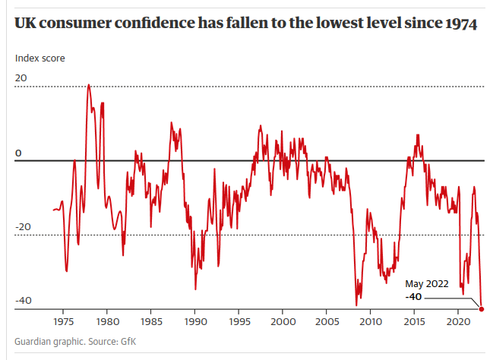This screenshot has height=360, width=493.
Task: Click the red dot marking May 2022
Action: coord(482,308)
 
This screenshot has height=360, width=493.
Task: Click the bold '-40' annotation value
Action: coord(414,296)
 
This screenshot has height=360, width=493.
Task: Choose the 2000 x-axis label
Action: coord(283,322)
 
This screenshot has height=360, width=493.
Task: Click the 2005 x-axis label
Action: coord(327,322)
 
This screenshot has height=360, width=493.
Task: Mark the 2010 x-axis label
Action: coord(371,322)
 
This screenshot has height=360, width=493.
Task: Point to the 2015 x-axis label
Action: coord(415,322)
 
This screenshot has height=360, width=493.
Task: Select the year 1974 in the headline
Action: coord(459,24)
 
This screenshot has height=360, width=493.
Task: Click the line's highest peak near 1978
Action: coord(89,84)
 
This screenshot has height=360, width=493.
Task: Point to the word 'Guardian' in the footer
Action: coord(33,341)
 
